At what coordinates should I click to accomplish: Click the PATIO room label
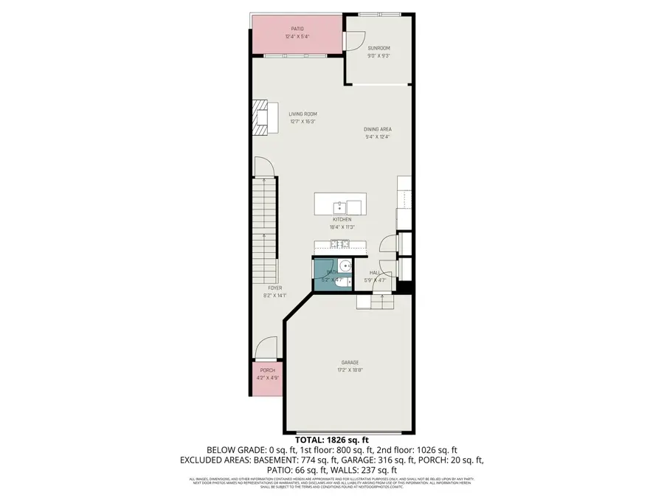point(297,29)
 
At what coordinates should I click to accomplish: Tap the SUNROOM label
point(378,48)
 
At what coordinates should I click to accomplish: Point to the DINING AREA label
point(377,129)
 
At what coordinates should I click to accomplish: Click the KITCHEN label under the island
point(342,219)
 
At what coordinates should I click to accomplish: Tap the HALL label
point(375,272)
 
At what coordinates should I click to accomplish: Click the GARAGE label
point(350,362)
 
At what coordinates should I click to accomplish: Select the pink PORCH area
point(266,377)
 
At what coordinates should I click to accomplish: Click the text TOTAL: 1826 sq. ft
point(332,440)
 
